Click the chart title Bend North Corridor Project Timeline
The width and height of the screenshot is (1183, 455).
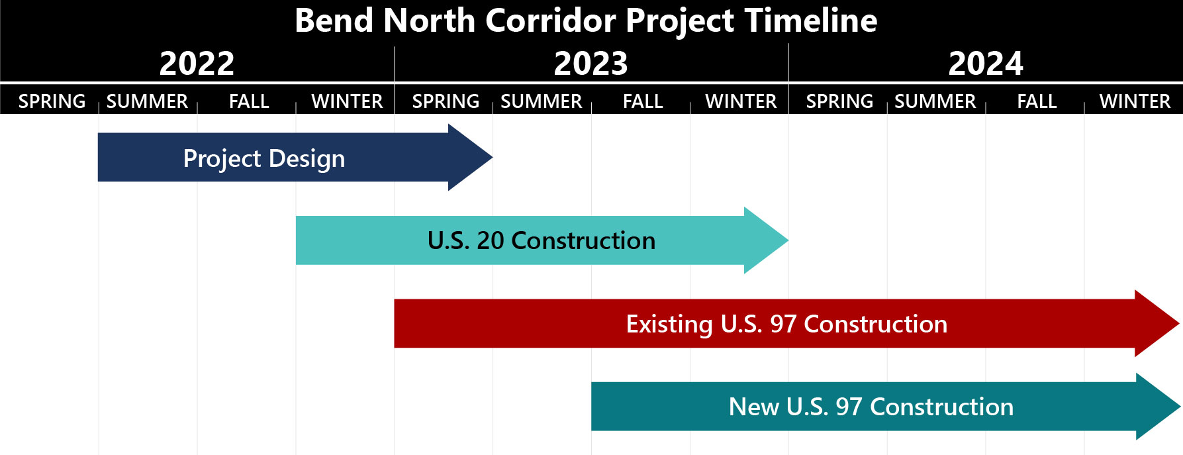(x=586, y=21)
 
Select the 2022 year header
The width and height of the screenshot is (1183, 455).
(x=197, y=64)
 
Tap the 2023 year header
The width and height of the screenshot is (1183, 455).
(x=591, y=64)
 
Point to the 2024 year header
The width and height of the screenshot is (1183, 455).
(x=985, y=64)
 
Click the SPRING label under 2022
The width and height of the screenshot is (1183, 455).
(x=52, y=101)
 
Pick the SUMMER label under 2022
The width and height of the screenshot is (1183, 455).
(x=147, y=101)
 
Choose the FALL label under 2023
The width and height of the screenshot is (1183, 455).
(x=643, y=101)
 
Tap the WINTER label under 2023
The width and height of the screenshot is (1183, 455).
(x=741, y=101)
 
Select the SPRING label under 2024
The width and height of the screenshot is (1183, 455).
(x=839, y=101)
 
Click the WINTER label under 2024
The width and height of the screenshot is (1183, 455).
(x=1135, y=101)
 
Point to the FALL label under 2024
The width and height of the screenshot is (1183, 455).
(x=1037, y=101)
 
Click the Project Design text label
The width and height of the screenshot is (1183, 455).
(x=264, y=159)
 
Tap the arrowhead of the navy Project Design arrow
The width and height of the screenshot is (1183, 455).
(x=471, y=157)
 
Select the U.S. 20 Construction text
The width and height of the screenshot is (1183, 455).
(x=542, y=240)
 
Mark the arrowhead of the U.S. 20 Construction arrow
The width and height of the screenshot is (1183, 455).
(x=767, y=240)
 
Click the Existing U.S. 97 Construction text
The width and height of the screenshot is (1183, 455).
(x=786, y=324)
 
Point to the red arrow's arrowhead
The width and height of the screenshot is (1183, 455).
(x=1157, y=323)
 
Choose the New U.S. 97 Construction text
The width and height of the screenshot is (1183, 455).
(x=871, y=407)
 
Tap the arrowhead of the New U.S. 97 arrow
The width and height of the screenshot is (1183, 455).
(x=1159, y=407)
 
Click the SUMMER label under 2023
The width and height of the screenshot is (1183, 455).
(x=542, y=101)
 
